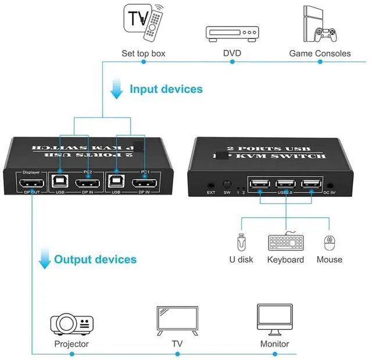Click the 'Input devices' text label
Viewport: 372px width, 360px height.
[x=166, y=89]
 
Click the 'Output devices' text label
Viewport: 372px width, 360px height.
[x=95, y=259]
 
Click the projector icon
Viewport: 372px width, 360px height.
[x=71, y=322]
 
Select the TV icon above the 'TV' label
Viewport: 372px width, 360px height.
[x=177, y=319]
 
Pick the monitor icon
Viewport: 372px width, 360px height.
[x=274, y=318]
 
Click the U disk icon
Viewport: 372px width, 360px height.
[x=241, y=242]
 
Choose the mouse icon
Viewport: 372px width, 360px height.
[x=330, y=242]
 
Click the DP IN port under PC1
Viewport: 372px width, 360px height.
[x=144, y=184]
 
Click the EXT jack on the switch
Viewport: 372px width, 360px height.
[x=211, y=185]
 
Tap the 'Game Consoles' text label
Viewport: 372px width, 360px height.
[x=320, y=53]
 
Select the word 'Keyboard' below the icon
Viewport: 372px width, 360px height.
[x=285, y=260]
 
